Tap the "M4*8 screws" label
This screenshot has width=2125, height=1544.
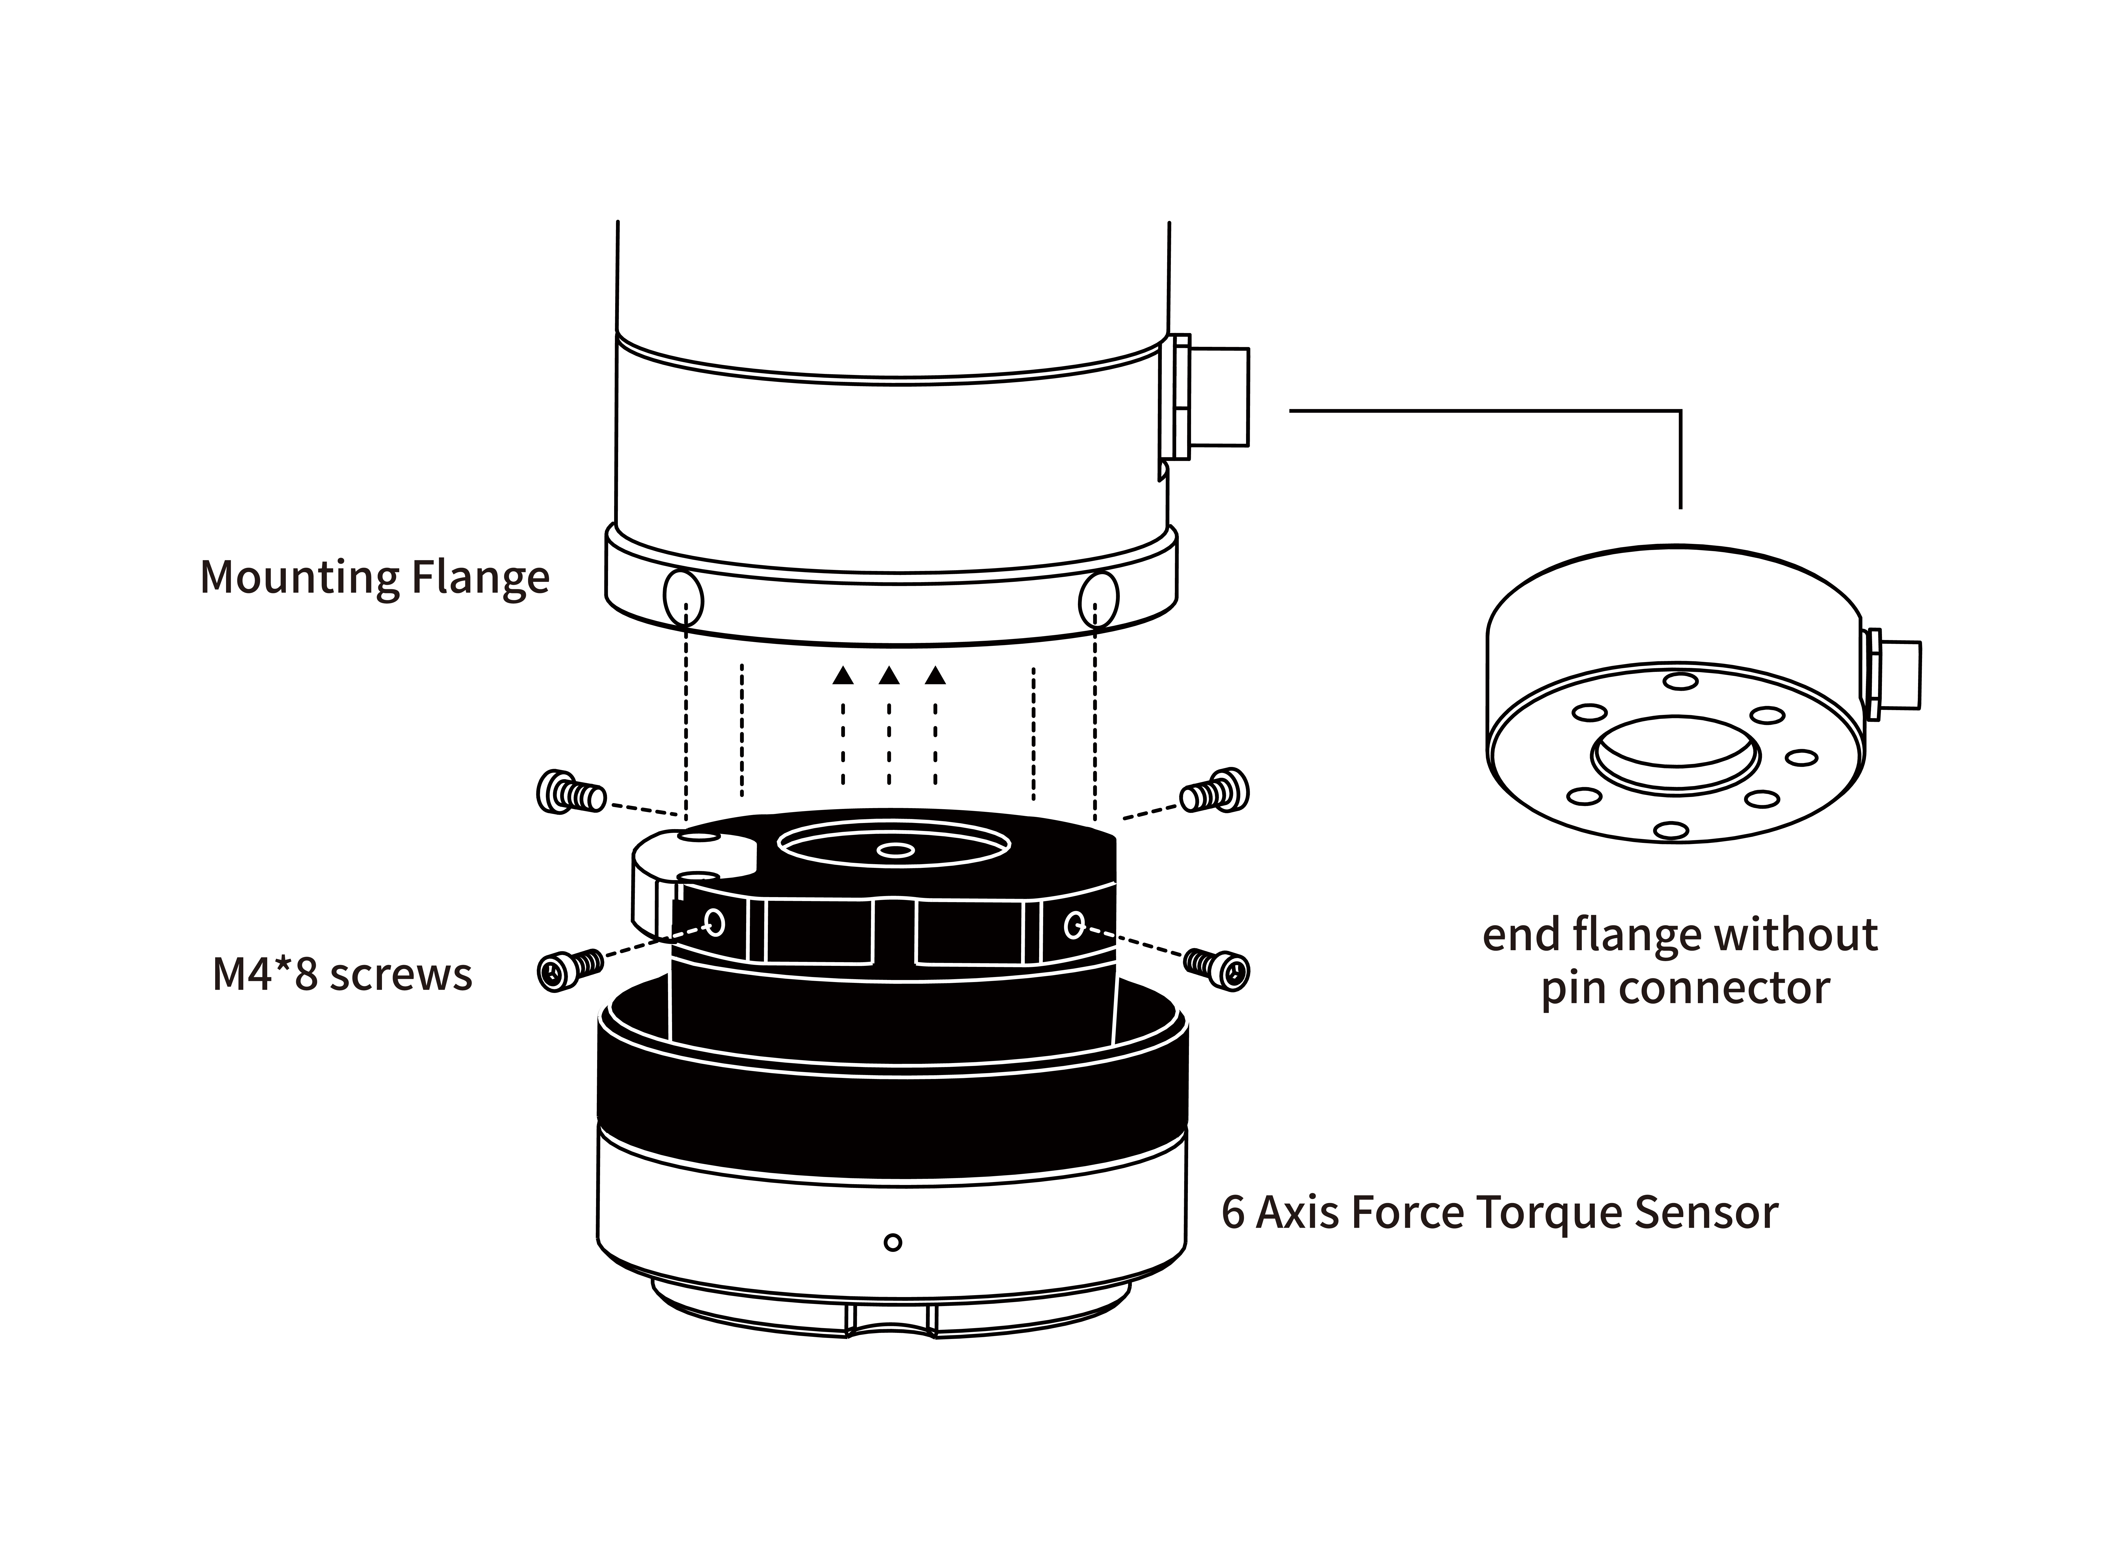point(342,975)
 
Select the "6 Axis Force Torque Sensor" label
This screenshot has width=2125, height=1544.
point(1499,1212)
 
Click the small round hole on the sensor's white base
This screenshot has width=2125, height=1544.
point(893,1242)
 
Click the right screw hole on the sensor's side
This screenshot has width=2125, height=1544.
point(1074,926)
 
